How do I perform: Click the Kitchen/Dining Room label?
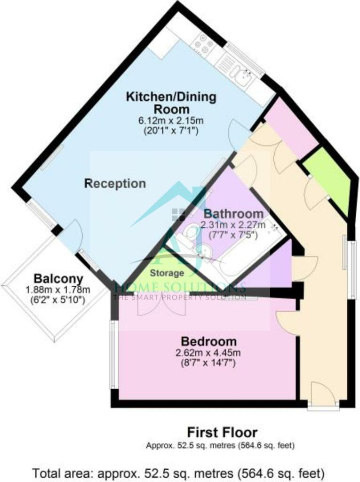tap(171, 103)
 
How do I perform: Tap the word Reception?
tap(115, 184)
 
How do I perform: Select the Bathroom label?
tap(233, 214)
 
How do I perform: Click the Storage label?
tap(167, 273)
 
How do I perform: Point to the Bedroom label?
tap(209, 342)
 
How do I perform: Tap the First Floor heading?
tap(222, 433)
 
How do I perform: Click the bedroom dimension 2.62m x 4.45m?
tap(208, 353)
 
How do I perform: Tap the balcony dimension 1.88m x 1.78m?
tap(58, 289)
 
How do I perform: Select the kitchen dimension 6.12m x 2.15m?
tap(171, 120)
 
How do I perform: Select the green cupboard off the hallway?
tap(329, 181)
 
